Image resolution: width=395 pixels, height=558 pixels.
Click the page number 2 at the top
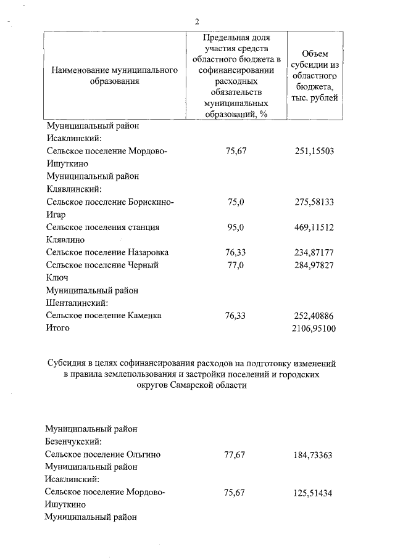(196, 22)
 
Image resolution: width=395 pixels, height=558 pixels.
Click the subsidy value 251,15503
(315, 151)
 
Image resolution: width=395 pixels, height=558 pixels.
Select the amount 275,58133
(315, 202)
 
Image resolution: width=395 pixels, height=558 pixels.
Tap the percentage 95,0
(236, 227)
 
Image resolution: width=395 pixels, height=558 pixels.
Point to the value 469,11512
(315, 227)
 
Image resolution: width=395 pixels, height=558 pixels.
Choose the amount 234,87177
(315, 252)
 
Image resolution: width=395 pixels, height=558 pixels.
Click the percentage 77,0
(236, 265)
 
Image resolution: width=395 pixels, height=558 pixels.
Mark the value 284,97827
(315, 265)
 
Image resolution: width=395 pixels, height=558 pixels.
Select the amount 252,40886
(315, 315)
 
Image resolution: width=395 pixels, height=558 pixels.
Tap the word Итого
(58, 328)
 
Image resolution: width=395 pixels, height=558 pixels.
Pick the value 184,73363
(315, 454)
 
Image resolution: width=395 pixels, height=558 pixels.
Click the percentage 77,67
(236, 454)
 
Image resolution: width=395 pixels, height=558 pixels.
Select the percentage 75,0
(236, 202)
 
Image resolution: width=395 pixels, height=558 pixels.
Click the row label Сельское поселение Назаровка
(107, 252)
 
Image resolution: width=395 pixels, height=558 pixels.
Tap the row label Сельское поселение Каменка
(104, 315)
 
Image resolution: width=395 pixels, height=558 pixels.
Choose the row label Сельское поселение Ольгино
(104, 454)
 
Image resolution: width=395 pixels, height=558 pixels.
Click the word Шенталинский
(78, 303)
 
